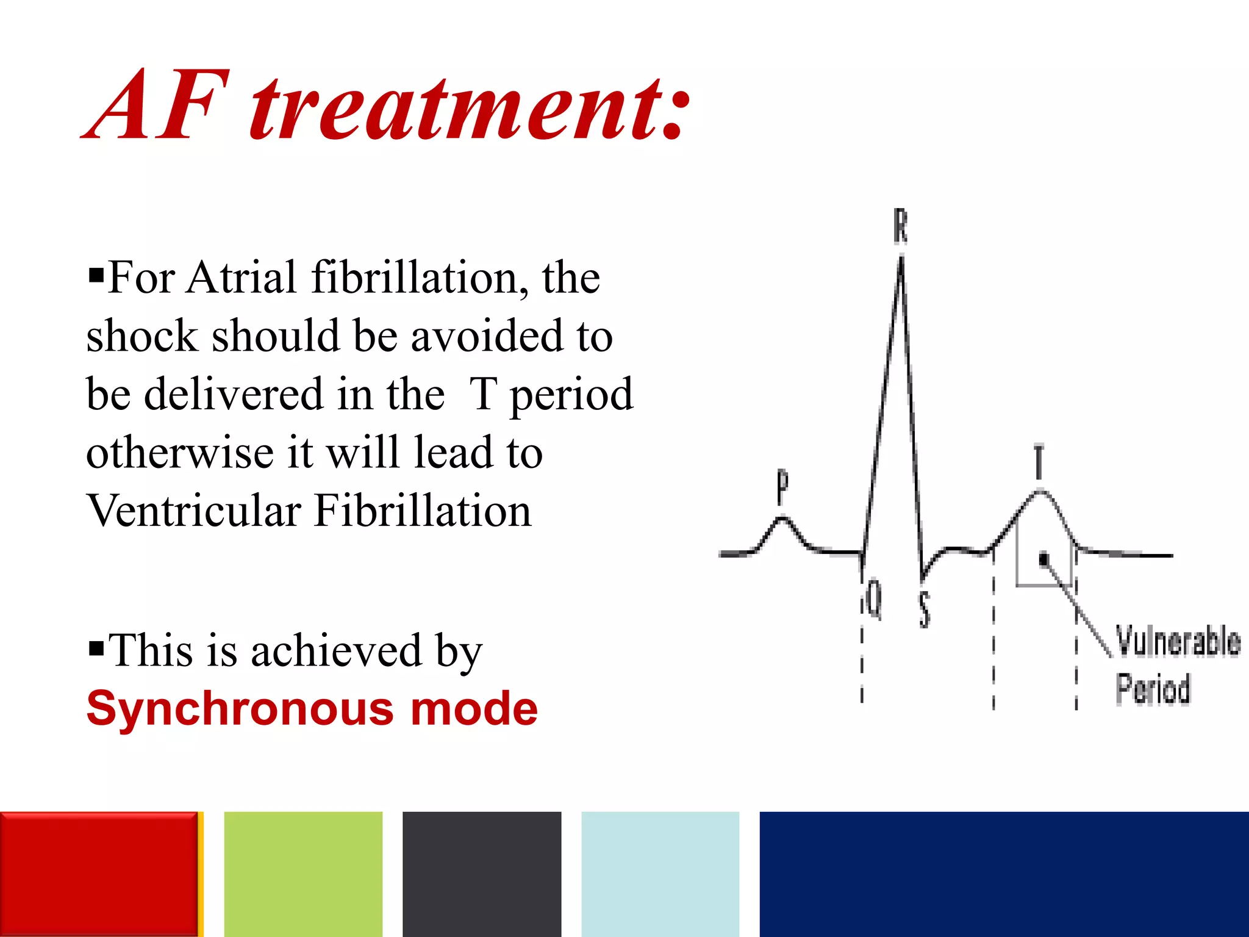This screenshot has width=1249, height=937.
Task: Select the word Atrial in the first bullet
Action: pos(242,278)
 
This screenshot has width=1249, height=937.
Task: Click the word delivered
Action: pos(233,394)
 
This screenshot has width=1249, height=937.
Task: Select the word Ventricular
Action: pos(194,511)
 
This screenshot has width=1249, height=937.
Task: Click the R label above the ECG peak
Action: pos(900,226)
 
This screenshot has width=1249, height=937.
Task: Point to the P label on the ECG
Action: pos(782,487)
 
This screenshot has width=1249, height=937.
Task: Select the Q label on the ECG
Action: pos(875,599)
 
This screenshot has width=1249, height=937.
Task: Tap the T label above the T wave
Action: pos(1039,462)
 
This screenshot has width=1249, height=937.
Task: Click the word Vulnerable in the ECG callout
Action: pos(1178,641)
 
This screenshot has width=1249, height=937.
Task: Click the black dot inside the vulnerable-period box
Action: pos(1043,559)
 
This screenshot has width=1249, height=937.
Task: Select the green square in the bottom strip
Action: pos(303,874)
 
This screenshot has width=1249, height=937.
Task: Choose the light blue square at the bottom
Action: pos(660,874)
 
